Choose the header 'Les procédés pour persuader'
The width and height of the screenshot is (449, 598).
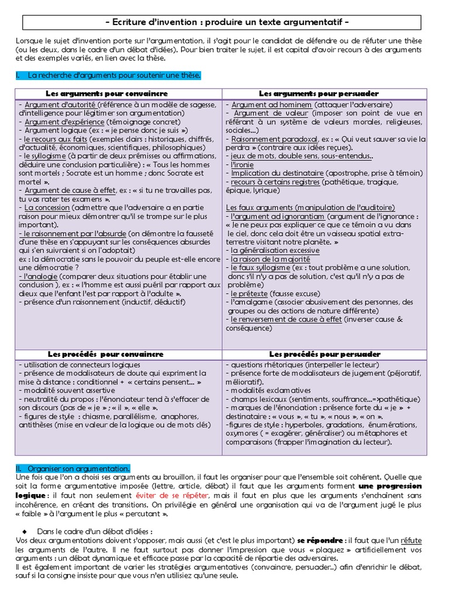(x=324, y=354)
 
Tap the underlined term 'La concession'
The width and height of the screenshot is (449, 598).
(x=47, y=207)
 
